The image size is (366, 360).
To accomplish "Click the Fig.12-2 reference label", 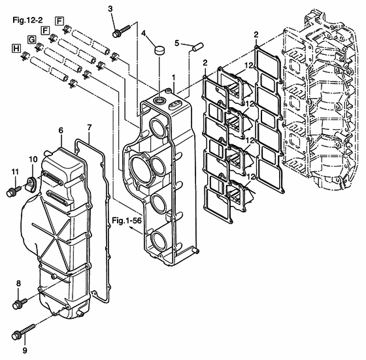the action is [x=27, y=20].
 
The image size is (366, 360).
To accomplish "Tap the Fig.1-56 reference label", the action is [x=127, y=220].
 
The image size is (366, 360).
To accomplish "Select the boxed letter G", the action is [x=31, y=39].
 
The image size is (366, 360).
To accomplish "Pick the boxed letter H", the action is [x=16, y=49].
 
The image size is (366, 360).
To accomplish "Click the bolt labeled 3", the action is [x=121, y=31].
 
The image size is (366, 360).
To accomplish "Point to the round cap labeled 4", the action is [x=159, y=50].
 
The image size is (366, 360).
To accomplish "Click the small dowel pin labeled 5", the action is [x=198, y=46].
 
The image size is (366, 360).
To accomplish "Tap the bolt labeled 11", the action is [x=14, y=191].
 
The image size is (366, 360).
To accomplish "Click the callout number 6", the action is [x=61, y=131].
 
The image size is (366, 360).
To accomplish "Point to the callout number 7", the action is [x=90, y=127].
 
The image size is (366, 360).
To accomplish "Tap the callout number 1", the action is [x=173, y=78].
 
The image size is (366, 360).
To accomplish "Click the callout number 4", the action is [x=143, y=33].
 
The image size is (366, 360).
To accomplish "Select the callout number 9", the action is [x=25, y=350].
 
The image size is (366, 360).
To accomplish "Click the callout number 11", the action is [x=15, y=172].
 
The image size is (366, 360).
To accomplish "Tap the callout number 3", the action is [x=110, y=9].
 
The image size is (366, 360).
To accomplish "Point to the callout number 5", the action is [x=176, y=43].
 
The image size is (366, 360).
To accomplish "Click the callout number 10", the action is [x=33, y=159].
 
